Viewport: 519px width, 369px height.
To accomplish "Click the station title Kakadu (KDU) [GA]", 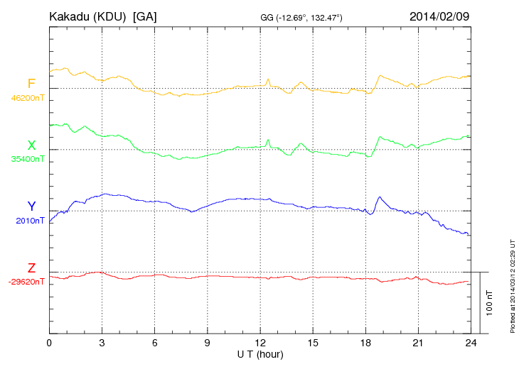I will pos(102,16).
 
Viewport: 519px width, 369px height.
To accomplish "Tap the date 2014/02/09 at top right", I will pos(439,16).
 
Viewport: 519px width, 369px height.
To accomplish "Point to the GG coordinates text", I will pos(301,17).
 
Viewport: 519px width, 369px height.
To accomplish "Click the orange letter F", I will pos(31,84).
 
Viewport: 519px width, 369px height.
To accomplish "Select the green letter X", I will pos(31,145).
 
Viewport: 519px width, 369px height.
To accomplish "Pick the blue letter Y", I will pos(31,206).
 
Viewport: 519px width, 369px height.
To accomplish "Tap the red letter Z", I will pos(31,268).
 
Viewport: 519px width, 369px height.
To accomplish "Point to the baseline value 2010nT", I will pos(30,221).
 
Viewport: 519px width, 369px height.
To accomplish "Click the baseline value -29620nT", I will pos(27,282).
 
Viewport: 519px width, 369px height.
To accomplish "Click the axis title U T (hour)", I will pos(260,354).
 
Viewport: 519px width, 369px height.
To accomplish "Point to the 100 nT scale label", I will pos(490,303).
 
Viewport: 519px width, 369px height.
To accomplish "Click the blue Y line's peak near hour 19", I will pos(380,197).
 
